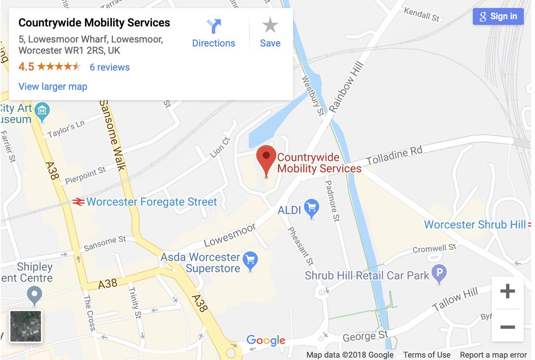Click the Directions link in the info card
click(x=214, y=33)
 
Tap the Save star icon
click(x=270, y=33)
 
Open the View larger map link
click(x=53, y=86)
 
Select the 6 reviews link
click(x=110, y=67)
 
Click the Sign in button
click(x=498, y=16)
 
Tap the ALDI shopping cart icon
click(x=312, y=209)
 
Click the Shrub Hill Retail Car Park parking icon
click(x=440, y=274)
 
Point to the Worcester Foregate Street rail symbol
click(x=78, y=202)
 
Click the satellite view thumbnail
click(x=26, y=326)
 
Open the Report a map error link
click(x=493, y=355)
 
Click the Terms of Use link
click(x=427, y=355)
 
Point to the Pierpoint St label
click(x=85, y=176)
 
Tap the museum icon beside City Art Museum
click(x=42, y=109)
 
